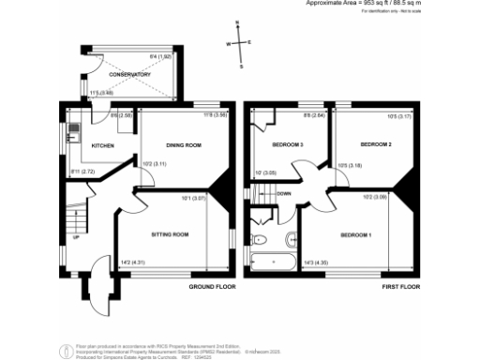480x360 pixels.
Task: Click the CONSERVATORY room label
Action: tap(130, 75)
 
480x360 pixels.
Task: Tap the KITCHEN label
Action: tap(102, 146)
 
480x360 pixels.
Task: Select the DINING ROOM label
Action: tap(186, 145)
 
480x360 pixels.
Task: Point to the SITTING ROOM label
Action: tap(171, 234)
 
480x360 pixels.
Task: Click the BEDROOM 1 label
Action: tap(356, 234)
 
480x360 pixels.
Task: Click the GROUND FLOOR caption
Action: tap(211, 286)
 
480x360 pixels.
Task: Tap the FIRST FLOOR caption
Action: tap(399, 286)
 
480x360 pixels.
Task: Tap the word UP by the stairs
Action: tap(76, 237)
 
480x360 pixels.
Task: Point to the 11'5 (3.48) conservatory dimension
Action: tap(102, 92)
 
